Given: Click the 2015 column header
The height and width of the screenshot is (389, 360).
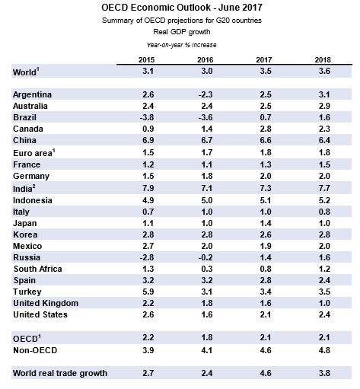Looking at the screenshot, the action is click(x=146, y=60).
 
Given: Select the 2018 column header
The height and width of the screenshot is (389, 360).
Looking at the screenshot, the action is click(x=323, y=60).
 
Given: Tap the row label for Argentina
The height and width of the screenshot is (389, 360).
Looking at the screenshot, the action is click(x=32, y=94).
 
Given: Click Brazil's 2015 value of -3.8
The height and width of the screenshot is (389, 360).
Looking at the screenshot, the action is click(x=147, y=117).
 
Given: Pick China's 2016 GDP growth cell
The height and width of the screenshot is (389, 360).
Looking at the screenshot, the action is click(x=207, y=140).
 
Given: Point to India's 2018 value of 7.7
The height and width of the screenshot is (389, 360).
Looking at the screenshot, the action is click(x=324, y=188).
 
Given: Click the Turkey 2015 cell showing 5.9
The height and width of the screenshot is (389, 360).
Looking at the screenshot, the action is click(x=148, y=292).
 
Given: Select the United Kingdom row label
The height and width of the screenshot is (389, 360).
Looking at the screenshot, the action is click(x=46, y=303).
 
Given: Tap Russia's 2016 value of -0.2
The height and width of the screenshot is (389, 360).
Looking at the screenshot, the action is click(x=205, y=257).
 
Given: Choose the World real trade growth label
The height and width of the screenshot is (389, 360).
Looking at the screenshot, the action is click(x=60, y=373).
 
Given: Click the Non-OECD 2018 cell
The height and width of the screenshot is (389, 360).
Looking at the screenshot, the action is click(x=324, y=350).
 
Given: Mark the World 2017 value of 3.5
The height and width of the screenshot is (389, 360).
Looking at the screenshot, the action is click(x=266, y=71).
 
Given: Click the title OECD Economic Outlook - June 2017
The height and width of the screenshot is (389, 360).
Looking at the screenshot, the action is click(x=182, y=8).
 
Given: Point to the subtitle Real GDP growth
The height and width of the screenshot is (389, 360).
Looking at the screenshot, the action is click(x=182, y=32).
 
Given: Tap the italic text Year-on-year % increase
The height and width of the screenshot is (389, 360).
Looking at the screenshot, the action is click(x=182, y=45).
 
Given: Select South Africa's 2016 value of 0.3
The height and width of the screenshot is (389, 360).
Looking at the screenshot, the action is click(x=207, y=269).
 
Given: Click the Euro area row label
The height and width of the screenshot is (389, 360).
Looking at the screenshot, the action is click(x=34, y=153).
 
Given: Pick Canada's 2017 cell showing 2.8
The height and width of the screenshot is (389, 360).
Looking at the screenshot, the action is click(x=266, y=129).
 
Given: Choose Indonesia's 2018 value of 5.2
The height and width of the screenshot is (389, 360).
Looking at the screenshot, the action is click(x=324, y=200).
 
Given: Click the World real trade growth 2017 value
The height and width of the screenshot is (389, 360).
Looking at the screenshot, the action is click(x=266, y=373).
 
